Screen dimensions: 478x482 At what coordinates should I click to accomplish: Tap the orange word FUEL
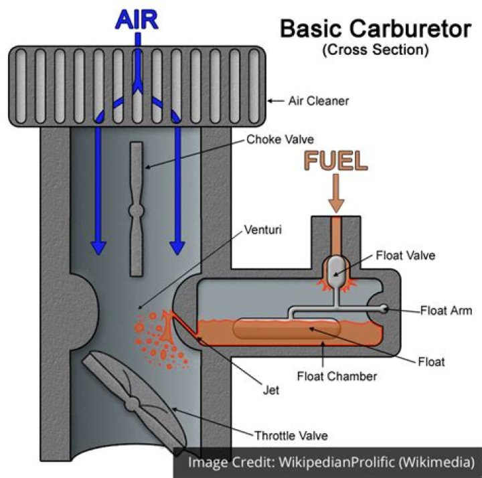click(x=337, y=161)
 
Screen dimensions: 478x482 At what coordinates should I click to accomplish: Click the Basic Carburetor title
click(x=376, y=29)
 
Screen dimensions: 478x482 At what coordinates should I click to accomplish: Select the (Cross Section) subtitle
click(x=375, y=50)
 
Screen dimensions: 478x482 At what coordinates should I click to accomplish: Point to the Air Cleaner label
click(x=319, y=102)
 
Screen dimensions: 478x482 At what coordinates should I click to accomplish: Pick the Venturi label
click(x=264, y=230)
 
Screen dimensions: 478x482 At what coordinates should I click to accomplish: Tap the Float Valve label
click(x=406, y=255)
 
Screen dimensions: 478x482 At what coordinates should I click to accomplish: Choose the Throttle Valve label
click(x=291, y=436)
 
